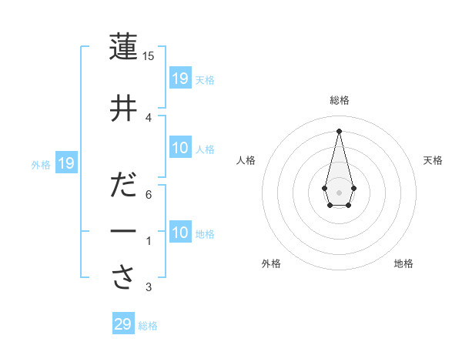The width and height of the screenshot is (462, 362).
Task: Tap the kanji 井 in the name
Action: tap(123, 110)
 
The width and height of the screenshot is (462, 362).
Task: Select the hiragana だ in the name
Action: tap(123, 187)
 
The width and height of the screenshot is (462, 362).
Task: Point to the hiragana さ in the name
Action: tap(123, 278)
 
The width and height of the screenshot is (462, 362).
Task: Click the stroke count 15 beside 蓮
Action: tap(149, 56)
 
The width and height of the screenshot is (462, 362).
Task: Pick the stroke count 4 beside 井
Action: tap(149, 117)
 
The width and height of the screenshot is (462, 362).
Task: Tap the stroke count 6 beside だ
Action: tap(149, 195)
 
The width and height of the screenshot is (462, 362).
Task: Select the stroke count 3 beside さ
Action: tap(149, 287)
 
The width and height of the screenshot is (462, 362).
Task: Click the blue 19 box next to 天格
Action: tap(180, 79)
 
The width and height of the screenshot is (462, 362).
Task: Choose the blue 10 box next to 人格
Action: tap(180, 148)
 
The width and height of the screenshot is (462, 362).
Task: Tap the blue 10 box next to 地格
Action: tap(180, 233)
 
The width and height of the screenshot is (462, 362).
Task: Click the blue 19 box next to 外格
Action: tap(66, 163)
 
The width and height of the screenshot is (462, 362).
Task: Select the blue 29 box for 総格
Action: tap(123, 324)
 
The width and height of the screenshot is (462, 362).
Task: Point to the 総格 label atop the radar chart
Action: tap(339, 100)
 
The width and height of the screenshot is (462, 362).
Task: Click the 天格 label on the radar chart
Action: tap(433, 160)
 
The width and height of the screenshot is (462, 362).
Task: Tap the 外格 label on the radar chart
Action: tap(271, 263)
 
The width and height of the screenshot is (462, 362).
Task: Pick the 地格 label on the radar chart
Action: tap(403, 263)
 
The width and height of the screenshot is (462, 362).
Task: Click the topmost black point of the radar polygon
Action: tap(339, 130)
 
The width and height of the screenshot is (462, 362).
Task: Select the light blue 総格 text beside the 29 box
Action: tap(148, 326)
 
